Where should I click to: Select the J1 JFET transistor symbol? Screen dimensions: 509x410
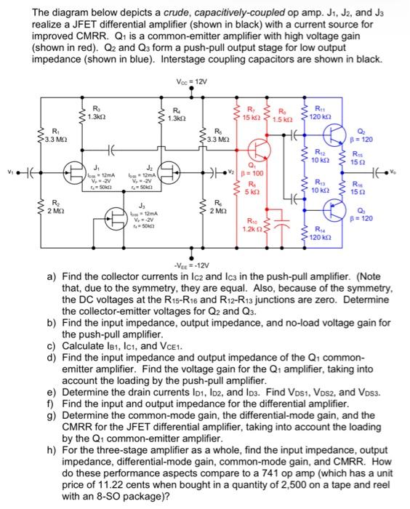point(75,173)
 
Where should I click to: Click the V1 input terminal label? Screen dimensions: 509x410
point(9,173)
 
